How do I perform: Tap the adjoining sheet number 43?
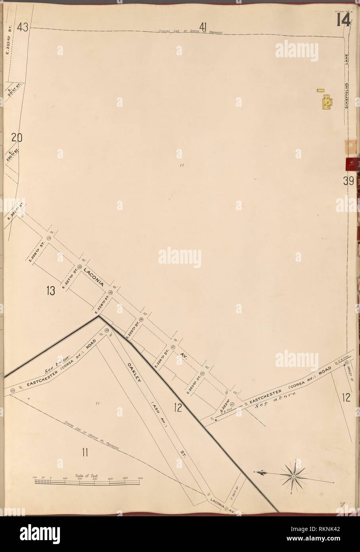(x=22, y=28)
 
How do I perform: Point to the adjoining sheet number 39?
(x=348, y=181)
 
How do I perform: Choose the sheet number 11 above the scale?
(x=85, y=452)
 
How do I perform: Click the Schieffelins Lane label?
(x=347, y=83)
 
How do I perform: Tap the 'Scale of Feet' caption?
(x=86, y=475)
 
